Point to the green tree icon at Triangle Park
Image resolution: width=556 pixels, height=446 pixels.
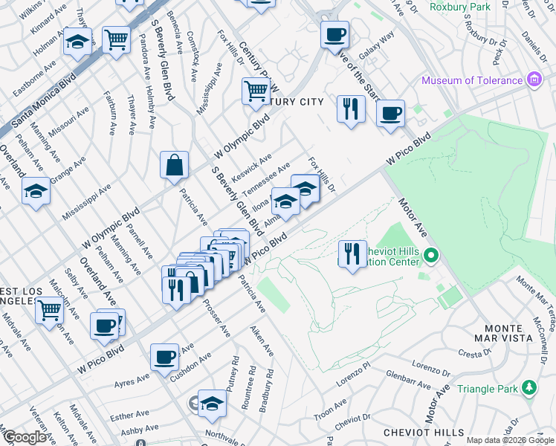[529, 387]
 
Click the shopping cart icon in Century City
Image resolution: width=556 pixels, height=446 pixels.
[256, 91]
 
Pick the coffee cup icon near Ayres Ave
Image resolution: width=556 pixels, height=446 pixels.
[164, 357]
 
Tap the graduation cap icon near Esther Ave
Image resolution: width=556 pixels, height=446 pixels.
[212, 403]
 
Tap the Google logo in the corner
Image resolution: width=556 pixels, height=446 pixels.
[24, 438]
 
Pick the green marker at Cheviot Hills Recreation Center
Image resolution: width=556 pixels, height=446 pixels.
[431, 258]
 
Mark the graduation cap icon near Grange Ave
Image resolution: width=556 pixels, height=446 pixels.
[36, 191]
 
